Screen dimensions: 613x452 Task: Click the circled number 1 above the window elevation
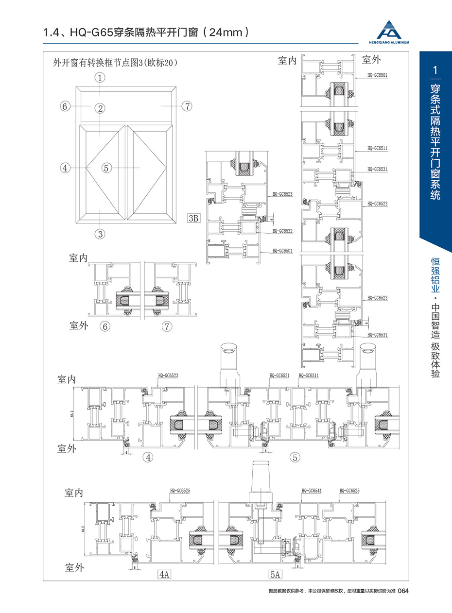[x=100, y=77]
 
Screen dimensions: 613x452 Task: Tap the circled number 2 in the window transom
[x=100, y=108]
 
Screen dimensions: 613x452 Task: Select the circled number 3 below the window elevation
[x=100, y=234]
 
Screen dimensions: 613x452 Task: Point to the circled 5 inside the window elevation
[x=107, y=168]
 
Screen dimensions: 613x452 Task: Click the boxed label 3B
[x=193, y=218]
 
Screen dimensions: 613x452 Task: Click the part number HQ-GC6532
[x=282, y=231]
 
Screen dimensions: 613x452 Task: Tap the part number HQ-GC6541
[x=311, y=491]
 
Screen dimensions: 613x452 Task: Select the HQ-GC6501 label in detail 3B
[x=282, y=251]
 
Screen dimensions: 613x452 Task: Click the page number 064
[x=405, y=591]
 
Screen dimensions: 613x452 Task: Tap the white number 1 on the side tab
[x=435, y=70]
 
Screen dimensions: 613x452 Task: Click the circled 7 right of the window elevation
[x=186, y=105]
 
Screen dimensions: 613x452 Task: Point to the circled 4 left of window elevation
[x=65, y=168]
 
